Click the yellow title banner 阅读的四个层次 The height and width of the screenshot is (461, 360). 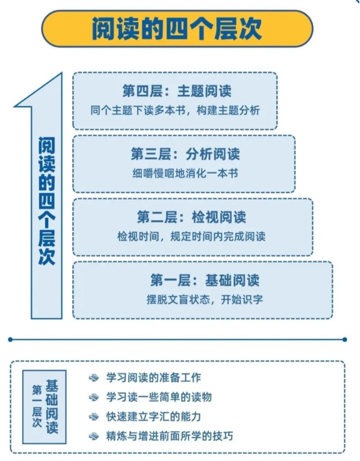coord(177,29)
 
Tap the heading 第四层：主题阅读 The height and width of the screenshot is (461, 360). coord(177,90)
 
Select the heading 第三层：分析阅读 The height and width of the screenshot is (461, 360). coord(185,153)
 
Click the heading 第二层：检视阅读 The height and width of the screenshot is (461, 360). coord(191,217)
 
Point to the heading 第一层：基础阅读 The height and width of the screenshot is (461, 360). coord(205,280)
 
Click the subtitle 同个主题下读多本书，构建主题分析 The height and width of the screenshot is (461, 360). coord(175,111)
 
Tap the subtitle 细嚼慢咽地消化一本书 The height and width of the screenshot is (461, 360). coord(185,174)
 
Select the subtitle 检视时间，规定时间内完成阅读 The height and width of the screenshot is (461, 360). coord(191,237)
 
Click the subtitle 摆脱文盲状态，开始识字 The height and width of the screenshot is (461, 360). coord(205,300)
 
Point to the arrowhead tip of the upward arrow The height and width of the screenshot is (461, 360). coord(62,73)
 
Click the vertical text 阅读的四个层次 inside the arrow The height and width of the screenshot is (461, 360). coord(47,201)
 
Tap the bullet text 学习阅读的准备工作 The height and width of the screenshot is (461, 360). coord(154,378)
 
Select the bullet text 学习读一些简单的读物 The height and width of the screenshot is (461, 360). coord(159,397)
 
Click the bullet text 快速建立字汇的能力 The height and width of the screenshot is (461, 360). coord(154,417)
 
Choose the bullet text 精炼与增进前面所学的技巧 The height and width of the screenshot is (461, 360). coord(170,436)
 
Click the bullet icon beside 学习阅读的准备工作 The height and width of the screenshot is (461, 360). coord(94,378)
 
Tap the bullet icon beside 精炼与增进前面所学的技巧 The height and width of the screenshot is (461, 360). coord(94,436)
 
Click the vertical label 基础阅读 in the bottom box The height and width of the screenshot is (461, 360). coord(52,406)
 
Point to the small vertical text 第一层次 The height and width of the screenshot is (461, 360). coord(37,406)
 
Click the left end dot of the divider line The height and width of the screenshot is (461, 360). coord(10,339)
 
